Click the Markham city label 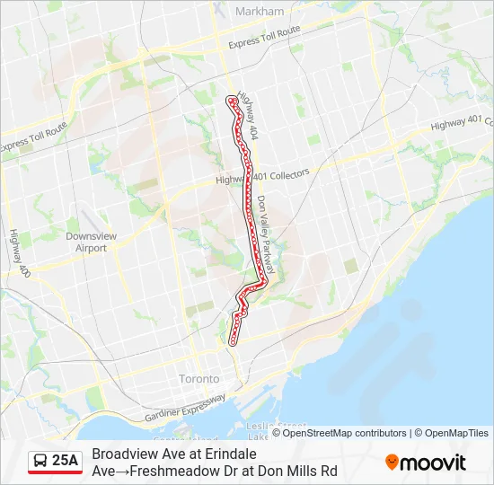259,12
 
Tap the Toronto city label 198,378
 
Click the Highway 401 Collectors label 262,176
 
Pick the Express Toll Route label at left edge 33,137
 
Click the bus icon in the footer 40,462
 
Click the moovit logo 426,463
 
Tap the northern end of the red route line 232,99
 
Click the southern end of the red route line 234,341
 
